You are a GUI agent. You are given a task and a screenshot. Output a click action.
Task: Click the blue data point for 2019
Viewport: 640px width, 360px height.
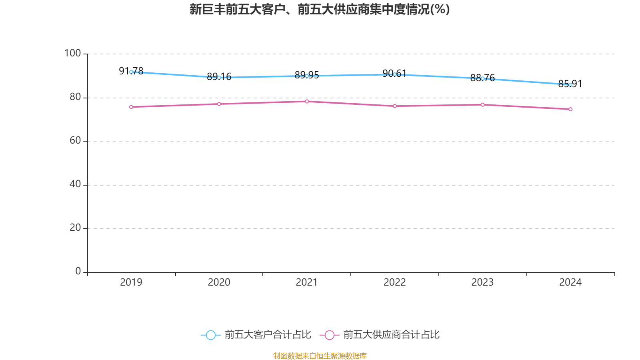(x=131, y=72)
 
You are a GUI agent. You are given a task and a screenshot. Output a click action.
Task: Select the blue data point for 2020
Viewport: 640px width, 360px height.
(x=219, y=78)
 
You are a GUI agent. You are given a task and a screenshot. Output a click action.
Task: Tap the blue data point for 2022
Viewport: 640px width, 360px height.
(x=395, y=74)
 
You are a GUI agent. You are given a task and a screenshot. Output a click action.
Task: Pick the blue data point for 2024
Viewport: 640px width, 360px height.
(x=570, y=85)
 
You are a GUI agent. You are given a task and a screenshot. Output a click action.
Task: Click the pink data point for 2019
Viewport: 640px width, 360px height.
(x=131, y=107)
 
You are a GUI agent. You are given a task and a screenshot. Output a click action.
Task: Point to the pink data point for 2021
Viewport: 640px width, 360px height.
(x=307, y=102)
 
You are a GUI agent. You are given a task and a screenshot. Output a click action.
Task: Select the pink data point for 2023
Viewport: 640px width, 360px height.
(x=483, y=105)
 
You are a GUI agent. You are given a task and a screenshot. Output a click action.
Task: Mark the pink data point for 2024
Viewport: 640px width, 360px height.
(x=570, y=109)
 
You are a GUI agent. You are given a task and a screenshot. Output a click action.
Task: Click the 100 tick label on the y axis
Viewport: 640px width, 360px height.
(x=72, y=53)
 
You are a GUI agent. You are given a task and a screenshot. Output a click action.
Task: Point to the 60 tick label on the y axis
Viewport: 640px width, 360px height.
(x=75, y=140)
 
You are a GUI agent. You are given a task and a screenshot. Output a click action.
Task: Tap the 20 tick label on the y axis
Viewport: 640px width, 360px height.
(x=75, y=228)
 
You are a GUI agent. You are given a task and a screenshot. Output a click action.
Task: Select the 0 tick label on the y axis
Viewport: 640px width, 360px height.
(x=78, y=271)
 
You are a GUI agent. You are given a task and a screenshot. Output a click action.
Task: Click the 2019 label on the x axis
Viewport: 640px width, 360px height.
(x=131, y=282)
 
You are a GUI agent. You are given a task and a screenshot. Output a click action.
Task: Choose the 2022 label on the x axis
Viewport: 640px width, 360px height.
(x=395, y=282)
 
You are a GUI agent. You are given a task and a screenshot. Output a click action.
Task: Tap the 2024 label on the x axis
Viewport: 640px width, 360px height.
(x=570, y=282)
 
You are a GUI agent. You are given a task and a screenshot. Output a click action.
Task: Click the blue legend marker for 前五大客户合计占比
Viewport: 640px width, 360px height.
(x=211, y=335)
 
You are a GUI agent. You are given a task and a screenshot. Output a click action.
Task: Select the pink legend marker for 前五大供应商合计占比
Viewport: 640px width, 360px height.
(x=330, y=335)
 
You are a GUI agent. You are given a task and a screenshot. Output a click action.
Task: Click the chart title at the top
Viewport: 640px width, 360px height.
(x=320, y=9)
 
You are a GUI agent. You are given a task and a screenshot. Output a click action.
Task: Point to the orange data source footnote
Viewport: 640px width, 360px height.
(x=320, y=356)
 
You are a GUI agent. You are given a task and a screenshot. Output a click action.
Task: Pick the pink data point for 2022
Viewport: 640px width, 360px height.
(x=395, y=106)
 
